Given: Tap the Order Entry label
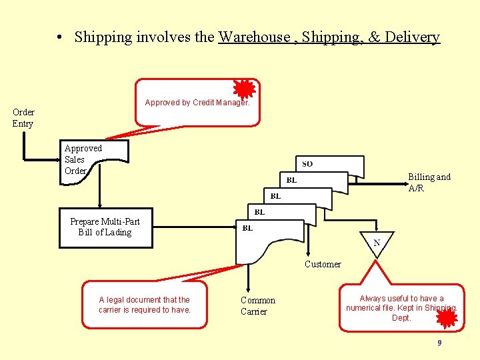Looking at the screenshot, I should pos(23,117).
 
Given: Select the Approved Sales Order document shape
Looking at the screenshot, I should pos(93,159).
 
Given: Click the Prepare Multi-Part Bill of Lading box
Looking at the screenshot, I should pos(105,227).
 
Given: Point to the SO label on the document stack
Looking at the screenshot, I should pos(307,164).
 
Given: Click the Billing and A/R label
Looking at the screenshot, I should pos(429,182).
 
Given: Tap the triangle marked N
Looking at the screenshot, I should pos(377,242).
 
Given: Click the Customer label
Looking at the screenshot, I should pos(323,265).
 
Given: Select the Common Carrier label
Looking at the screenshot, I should pos(258,306).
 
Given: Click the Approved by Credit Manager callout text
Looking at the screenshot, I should pos(197,103).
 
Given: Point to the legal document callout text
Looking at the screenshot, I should pos(145,305).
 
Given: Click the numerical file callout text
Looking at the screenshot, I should pos(401,308).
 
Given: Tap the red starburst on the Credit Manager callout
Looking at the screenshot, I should pos(245,89).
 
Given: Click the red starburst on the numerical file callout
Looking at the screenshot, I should pos(447,319).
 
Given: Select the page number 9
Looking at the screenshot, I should pos(439,343).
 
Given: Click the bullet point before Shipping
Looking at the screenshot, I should pos(60,38).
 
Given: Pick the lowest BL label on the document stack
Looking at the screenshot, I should pos(247,228).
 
